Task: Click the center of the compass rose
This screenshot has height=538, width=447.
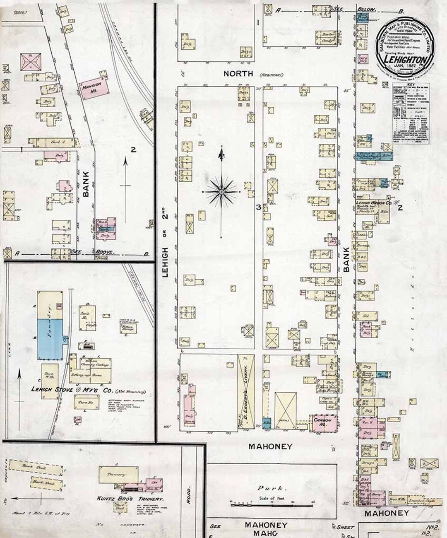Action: [221, 192]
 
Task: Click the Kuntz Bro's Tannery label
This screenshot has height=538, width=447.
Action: [130, 499]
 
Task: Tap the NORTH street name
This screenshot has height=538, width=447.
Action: [238, 73]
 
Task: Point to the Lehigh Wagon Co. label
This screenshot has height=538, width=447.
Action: [375, 203]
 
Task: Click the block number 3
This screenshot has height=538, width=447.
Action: [257, 207]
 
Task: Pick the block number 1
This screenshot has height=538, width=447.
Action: [257, 23]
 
